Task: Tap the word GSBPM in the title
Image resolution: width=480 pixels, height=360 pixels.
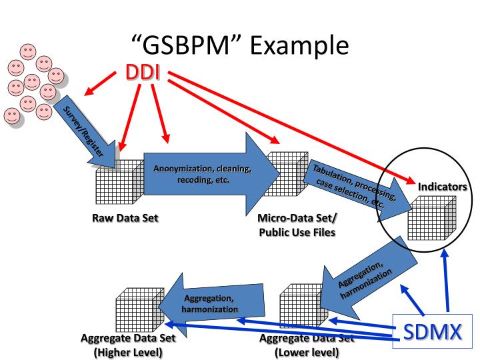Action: pos(179,45)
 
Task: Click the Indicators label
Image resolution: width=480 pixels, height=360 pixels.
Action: pos(442,187)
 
